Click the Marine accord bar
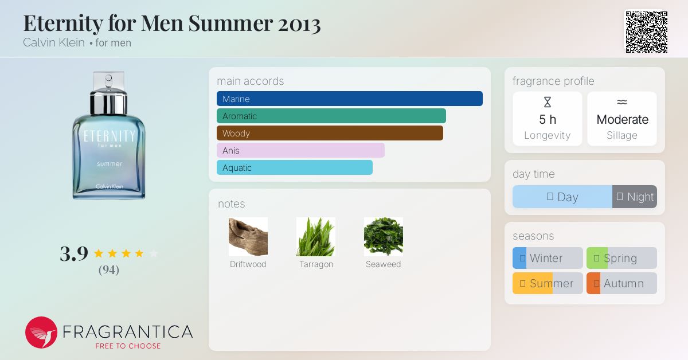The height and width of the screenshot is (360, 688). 350,99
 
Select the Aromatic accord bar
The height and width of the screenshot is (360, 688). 331,116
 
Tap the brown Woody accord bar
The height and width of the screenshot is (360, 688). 330,133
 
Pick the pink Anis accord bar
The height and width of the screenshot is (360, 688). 300,150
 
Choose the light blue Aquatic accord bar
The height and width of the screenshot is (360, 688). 295,167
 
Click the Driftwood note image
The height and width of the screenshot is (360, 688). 248,237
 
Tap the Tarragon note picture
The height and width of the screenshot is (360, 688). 316,237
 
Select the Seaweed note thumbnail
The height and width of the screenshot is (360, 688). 384,237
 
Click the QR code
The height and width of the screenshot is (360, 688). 647,32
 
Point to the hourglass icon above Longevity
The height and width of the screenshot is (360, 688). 548,102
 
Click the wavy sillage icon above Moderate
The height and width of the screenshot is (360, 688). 622,101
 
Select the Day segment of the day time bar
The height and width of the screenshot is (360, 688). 562,197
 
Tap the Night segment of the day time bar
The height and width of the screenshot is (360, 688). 635,197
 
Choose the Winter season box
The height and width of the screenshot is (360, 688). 548,258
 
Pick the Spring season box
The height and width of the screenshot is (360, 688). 621,258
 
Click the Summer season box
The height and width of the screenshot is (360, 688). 548,283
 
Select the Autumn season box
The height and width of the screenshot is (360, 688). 621,283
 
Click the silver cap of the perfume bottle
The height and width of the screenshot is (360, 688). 109,101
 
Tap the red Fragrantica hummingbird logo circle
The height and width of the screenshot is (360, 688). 41,332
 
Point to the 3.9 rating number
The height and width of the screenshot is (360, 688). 74,254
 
